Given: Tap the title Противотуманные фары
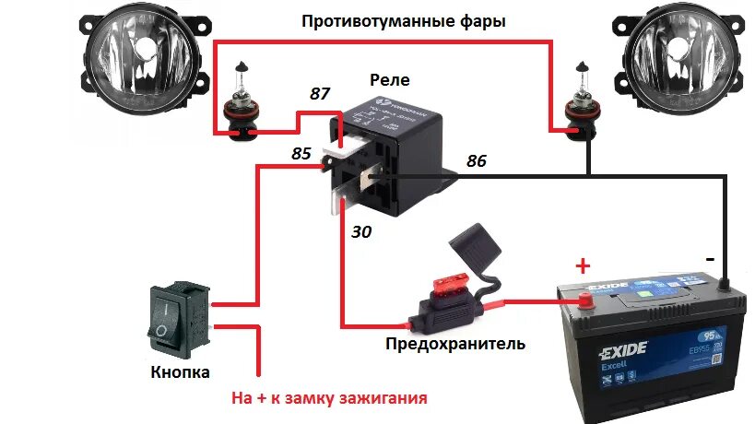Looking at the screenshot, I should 404,19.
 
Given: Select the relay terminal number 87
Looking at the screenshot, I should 319,93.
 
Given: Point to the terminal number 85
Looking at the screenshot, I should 301,154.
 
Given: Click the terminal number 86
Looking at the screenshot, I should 477,160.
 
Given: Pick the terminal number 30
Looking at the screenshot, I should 361,233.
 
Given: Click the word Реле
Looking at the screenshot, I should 389,80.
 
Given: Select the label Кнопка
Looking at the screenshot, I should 180,372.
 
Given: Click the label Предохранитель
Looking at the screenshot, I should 456,345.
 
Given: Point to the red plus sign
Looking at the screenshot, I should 582,266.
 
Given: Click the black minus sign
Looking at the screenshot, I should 709,260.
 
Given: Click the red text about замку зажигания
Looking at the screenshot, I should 329,400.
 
